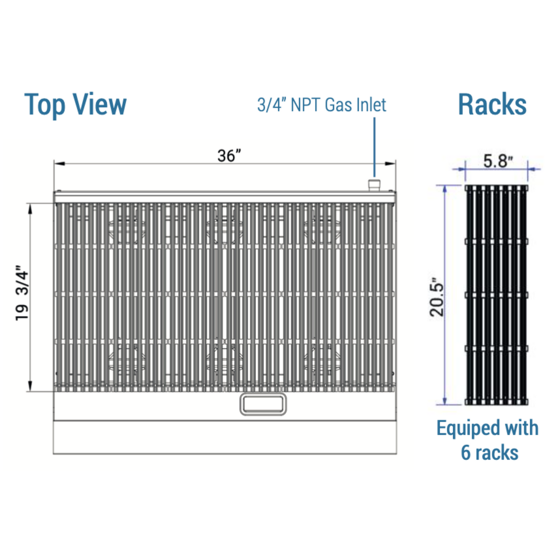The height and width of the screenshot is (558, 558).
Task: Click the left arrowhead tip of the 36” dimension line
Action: pyautogui.click(x=54, y=164)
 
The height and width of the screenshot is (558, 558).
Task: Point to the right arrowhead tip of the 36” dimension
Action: pyautogui.click(x=395, y=164)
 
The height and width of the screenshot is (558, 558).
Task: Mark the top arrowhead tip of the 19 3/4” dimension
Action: pyautogui.click(x=30, y=204)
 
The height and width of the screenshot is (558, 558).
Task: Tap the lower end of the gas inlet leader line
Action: pyautogui.click(x=375, y=176)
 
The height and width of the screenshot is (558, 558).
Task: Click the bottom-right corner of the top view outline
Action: pyautogui.click(x=397, y=454)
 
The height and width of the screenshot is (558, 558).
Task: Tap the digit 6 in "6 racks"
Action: pyautogui.click(x=466, y=452)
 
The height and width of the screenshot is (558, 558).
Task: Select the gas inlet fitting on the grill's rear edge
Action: pyautogui.click(x=374, y=185)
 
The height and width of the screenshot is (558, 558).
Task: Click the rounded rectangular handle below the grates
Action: pyautogui.click(x=263, y=404)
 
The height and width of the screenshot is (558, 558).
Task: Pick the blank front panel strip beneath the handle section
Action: pyautogui.click(x=225, y=437)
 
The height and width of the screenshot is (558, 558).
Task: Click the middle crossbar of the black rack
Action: pyautogui.click(x=496, y=295)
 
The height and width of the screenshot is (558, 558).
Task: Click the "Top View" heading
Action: pyautogui.click(x=75, y=104)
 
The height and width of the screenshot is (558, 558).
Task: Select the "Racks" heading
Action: pyautogui.click(x=492, y=104)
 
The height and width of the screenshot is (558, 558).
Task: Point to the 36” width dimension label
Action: pyautogui.click(x=229, y=156)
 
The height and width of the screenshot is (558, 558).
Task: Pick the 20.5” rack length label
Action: pyautogui.click(x=436, y=297)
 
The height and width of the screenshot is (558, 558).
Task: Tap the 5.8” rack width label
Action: pyautogui.click(x=498, y=161)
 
